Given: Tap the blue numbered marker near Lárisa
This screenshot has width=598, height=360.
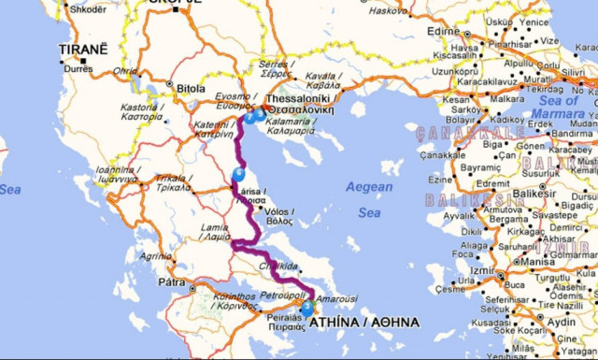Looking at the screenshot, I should tap(240, 173).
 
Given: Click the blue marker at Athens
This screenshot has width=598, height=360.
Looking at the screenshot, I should tap(307, 305).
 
